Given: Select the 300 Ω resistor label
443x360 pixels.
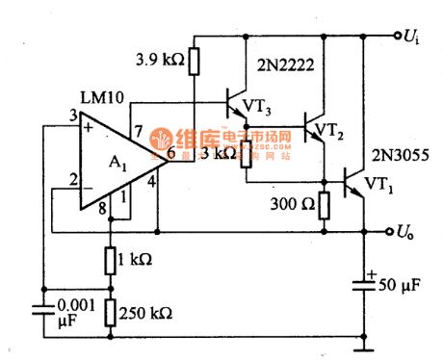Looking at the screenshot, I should (x=295, y=204).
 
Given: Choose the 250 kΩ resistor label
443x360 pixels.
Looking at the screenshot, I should (x=143, y=312).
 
